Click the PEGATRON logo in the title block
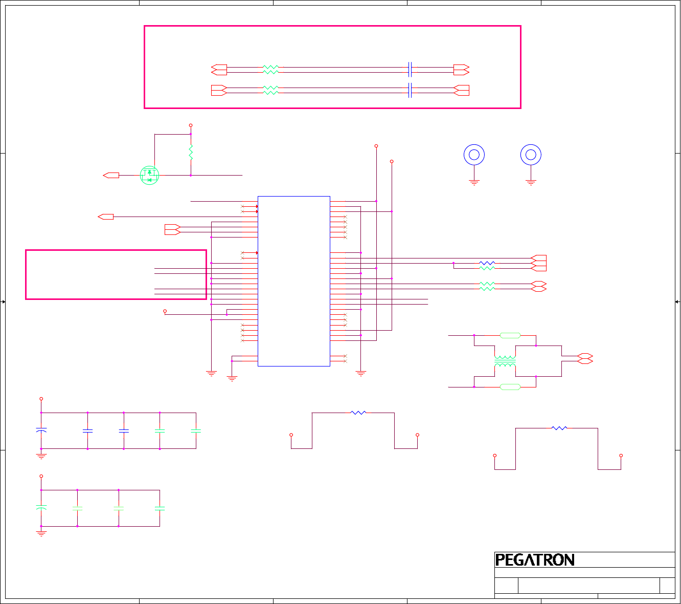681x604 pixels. pyautogui.click(x=535, y=560)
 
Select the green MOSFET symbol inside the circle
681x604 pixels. pyautogui.click(x=149, y=176)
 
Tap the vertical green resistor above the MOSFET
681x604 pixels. pyautogui.click(x=191, y=152)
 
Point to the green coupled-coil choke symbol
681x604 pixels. pyautogui.click(x=505, y=361)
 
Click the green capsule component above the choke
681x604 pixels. pyautogui.click(x=510, y=336)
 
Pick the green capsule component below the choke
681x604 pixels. pyautogui.click(x=510, y=387)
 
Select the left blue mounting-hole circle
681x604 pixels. pyautogui.click(x=474, y=155)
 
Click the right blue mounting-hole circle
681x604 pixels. pyautogui.click(x=531, y=155)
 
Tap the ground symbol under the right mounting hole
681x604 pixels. pyautogui.click(x=531, y=182)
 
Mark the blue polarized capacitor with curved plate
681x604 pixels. pyautogui.click(x=41, y=430)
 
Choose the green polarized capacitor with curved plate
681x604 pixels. pyautogui.click(x=41, y=508)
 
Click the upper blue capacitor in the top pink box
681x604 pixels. pyautogui.click(x=410, y=69)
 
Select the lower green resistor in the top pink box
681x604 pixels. pyautogui.click(x=270, y=90)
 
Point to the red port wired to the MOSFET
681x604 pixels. pyautogui.click(x=111, y=176)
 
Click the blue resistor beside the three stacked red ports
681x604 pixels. pyautogui.click(x=487, y=263)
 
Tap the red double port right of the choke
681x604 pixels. pyautogui.click(x=585, y=358)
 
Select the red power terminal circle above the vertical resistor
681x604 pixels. pyautogui.click(x=191, y=125)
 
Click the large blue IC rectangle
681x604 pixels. pyautogui.click(x=294, y=281)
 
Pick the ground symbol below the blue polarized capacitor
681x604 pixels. pyautogui.click(x=41, y=456)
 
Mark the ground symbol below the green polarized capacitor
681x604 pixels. pyautogui.click(x=41, y=533)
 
